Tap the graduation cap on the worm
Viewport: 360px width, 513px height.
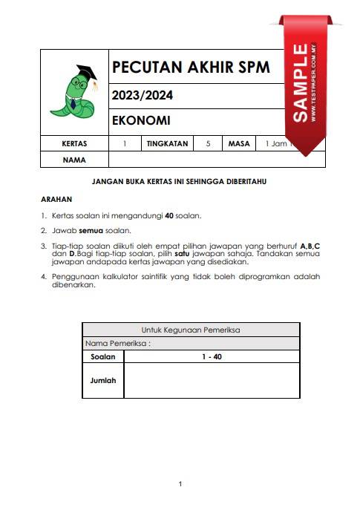click(85, 72)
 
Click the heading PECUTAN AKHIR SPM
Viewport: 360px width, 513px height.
click(190, 68)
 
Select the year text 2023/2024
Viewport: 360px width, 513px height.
click(141, 95)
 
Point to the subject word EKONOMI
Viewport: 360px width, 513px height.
click(141, 120)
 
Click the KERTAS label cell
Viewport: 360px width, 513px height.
click(74, 143)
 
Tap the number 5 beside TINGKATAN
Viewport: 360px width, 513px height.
click(207, 143)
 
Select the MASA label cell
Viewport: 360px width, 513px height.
click(239, 143)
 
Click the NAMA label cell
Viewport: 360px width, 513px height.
click(74, 160)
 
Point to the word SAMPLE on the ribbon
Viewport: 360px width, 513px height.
click(301, 82)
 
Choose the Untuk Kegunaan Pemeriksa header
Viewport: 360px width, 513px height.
click(191, 330)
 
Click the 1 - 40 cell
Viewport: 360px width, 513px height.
click(212, 356)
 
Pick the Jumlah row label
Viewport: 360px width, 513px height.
click(103, 379)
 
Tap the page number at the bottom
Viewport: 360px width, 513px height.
click(180, 484)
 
